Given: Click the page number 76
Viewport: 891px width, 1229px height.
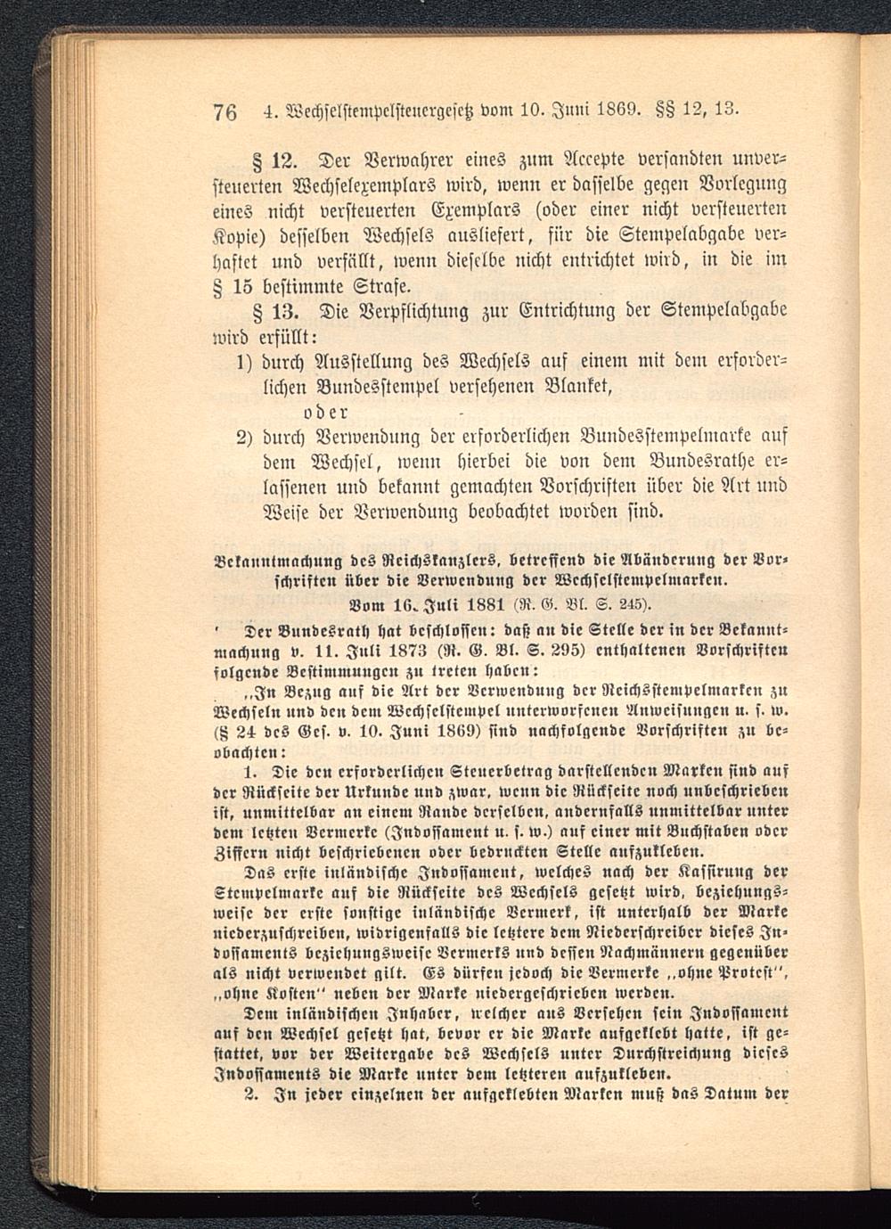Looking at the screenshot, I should click(225, 113).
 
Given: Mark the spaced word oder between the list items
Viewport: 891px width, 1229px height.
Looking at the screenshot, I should click(325, 412).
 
